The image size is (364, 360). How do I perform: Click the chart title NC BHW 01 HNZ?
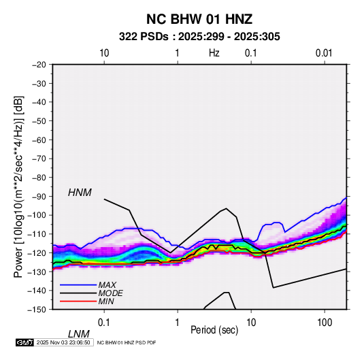(199, 19)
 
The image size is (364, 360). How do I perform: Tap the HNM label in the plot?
(80, 193)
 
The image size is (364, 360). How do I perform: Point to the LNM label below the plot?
(78, 334)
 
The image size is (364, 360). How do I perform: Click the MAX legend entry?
(107, 285)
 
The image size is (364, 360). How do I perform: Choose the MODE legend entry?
(110, 293)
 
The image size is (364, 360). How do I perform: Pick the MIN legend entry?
(106, 301)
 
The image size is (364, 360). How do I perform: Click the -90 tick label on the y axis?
(39, 197)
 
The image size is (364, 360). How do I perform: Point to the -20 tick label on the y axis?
(39, 65)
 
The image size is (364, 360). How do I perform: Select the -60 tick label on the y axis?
(39, 140)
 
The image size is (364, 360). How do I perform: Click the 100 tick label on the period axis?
(325, 323)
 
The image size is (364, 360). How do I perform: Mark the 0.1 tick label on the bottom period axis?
(104, 323)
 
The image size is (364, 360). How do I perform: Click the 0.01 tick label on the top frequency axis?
(324, 53)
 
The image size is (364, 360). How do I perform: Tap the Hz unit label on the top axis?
(214, 53)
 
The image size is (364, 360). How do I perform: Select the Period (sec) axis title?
(214, 330)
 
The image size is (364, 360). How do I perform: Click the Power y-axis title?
(18, 187)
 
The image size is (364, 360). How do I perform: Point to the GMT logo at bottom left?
(24, 342)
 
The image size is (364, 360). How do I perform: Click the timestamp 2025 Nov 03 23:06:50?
(63, 342)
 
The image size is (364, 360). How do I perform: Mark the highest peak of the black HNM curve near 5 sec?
(226, 208)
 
